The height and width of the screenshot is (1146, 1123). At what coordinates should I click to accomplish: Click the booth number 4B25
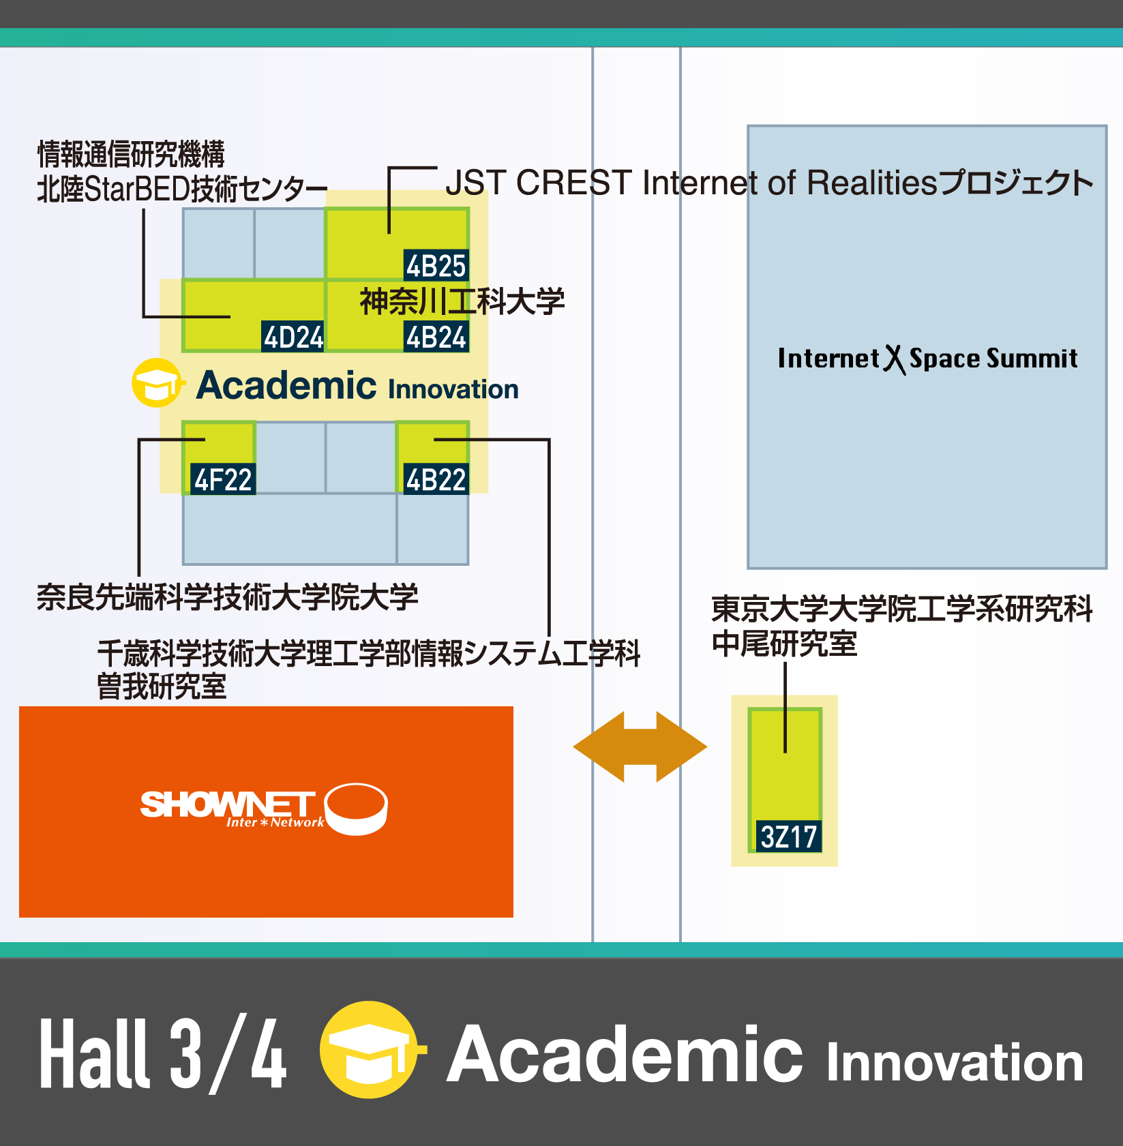[x=436, y=265]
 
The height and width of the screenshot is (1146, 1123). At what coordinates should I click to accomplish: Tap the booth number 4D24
[x=293, y=337]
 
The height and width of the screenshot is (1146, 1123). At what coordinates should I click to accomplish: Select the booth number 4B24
[x=436, y=337]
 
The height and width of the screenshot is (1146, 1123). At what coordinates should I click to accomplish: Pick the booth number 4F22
[x=223, y=480]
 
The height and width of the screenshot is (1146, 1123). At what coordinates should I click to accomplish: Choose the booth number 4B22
[x=436, y=480]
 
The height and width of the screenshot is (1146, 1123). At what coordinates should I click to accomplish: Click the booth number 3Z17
[x=788, y=836]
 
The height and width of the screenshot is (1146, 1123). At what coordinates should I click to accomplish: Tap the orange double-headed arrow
[x=640, y=747]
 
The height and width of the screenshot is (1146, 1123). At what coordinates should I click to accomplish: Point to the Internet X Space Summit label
[x=927, y=359]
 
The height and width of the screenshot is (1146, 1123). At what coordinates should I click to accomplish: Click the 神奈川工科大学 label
[x=462, y=302]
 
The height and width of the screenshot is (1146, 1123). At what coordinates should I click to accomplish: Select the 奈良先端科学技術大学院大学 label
[x=227, y=597]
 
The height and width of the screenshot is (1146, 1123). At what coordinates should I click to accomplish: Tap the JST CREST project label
[x=769, y=183]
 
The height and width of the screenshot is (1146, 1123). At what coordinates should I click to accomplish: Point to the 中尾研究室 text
[x=784, y=644]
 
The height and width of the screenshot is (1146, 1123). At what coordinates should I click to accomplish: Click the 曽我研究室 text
[x=162, y=687]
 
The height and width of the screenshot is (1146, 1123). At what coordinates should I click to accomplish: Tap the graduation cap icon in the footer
[x=370, y=1050]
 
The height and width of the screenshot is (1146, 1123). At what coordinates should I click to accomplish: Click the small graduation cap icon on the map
[x=158, y=383]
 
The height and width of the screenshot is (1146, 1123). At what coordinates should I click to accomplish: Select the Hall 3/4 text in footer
[x=162, y=1054]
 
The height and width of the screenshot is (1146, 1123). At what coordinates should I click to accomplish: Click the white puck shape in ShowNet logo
[x=356, y=808]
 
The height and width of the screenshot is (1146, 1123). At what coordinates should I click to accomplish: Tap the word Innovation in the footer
[x=955, y=1062]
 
